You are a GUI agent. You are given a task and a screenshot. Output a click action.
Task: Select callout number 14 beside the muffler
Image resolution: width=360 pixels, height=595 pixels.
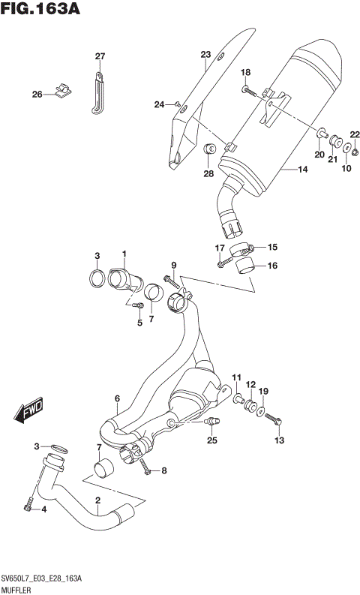(x=302, y=170)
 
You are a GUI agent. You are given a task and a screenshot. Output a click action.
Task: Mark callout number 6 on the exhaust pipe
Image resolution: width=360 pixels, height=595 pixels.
(x=117, y=398)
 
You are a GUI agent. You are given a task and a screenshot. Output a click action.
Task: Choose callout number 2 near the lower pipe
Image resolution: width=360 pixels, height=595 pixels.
(x=97, y=500)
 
